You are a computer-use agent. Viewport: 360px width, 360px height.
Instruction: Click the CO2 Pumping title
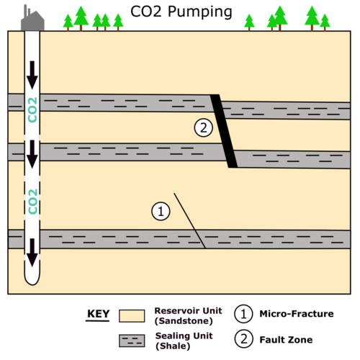pyautogui.click(x=181, y=12)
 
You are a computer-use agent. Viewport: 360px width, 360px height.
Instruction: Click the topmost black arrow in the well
pyautogui.click(x=32, y=75)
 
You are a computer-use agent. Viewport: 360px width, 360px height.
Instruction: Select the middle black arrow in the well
pyautogui.click(x=32, y=154)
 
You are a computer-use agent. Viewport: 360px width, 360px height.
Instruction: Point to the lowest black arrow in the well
pyautogui.click(x=32, y=253)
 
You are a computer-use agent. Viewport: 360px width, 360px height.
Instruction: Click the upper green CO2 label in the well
pyautogui.click(x=32, y=109)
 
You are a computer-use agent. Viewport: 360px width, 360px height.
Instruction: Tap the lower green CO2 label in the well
pyautogui.click(x=32, y=202)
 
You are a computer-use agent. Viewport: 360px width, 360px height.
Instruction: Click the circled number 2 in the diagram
pyautogui.click(x=203, y=127)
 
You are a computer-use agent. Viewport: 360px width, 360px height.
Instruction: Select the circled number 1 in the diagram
pyautogui.click(x=161, y=211)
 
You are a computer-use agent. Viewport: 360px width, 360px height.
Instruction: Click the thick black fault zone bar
pyautogui.click(x=224, y=131)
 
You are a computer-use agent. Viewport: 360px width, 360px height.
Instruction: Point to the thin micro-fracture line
pyautogui.click(x=190, y=221)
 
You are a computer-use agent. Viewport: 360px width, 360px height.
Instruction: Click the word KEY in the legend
pyautogui.click(x=98, y=314)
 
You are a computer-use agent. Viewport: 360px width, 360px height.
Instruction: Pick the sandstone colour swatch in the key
pyautogui.click(x=132, y=316)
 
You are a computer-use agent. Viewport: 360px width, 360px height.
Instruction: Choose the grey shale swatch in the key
pyautogui.click(x=132, y=341)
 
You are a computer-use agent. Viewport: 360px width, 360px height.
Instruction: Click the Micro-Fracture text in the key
pyautogui.click(x=297, y=314)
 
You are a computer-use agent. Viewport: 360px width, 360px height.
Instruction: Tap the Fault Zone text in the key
pyautogui.click(x=286, y=340)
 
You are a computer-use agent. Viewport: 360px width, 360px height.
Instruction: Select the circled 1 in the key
pyautogui.click(x=243, y=314)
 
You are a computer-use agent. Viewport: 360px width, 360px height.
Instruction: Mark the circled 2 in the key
pyautogui.click(x=243, y=339)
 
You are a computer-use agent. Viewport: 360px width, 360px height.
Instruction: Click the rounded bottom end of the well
pyautogui.click(x=32, y=283)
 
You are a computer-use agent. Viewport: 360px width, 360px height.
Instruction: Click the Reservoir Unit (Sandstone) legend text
pyautogui.click(x=188, y=316)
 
